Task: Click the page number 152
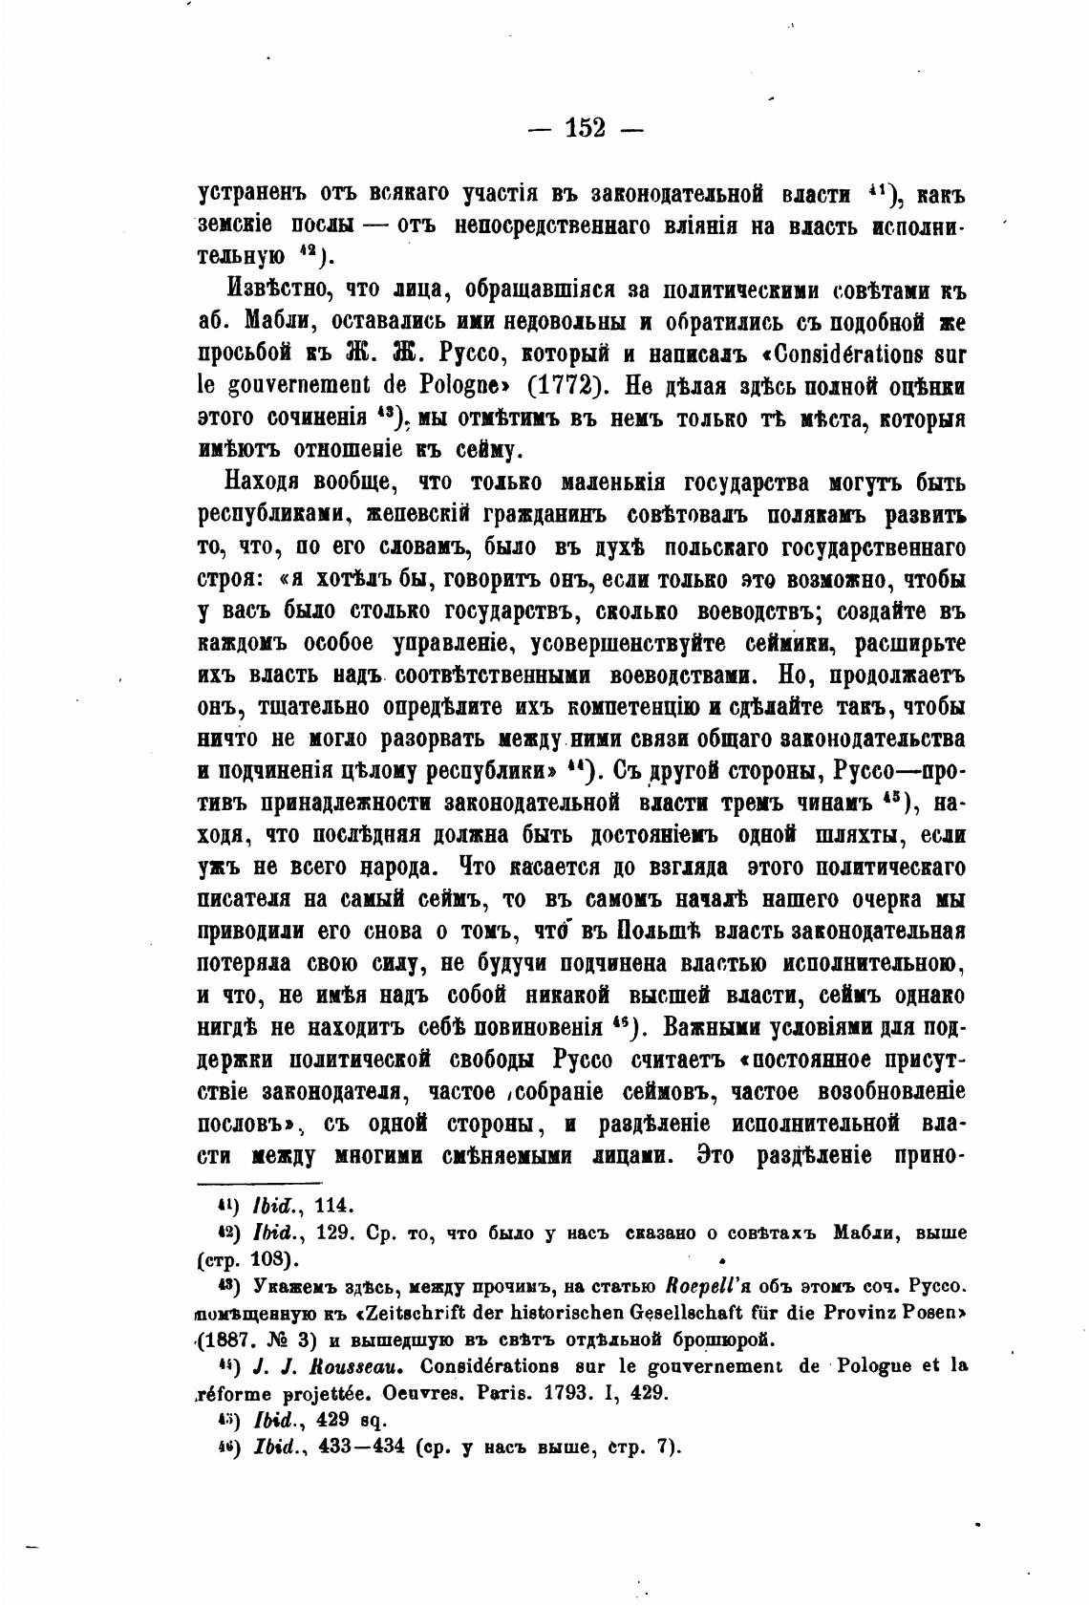586,127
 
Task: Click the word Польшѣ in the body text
667,931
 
